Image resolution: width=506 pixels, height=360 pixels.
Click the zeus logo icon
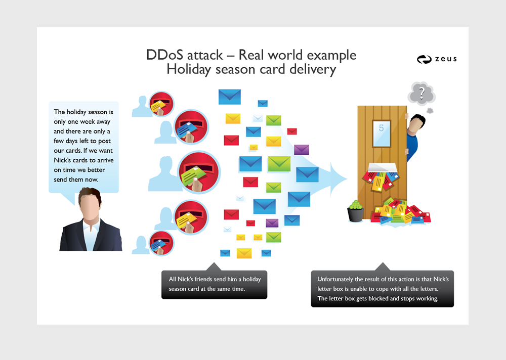coord(424,59)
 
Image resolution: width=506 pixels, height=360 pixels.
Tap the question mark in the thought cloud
coord(422,93)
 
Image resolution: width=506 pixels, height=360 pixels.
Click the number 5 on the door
coord(381,128)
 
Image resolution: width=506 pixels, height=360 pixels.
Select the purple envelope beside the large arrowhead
coord(302,150)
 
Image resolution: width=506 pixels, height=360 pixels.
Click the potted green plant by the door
coord(356,211)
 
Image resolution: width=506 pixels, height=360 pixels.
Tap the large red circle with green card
coord(199,172)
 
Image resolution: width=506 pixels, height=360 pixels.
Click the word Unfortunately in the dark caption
coord(335,280)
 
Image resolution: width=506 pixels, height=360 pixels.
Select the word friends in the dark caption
coord(203,279)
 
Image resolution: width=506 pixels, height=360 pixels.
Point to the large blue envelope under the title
coord(229,97)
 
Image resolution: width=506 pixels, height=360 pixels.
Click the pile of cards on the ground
coord(400,212)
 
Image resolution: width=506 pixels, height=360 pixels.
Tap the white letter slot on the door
coord(383,167)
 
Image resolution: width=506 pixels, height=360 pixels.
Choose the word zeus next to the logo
coord(446,59)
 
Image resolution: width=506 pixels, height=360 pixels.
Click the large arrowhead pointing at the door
coord(339,178)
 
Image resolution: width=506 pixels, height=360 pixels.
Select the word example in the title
coord(331,56)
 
